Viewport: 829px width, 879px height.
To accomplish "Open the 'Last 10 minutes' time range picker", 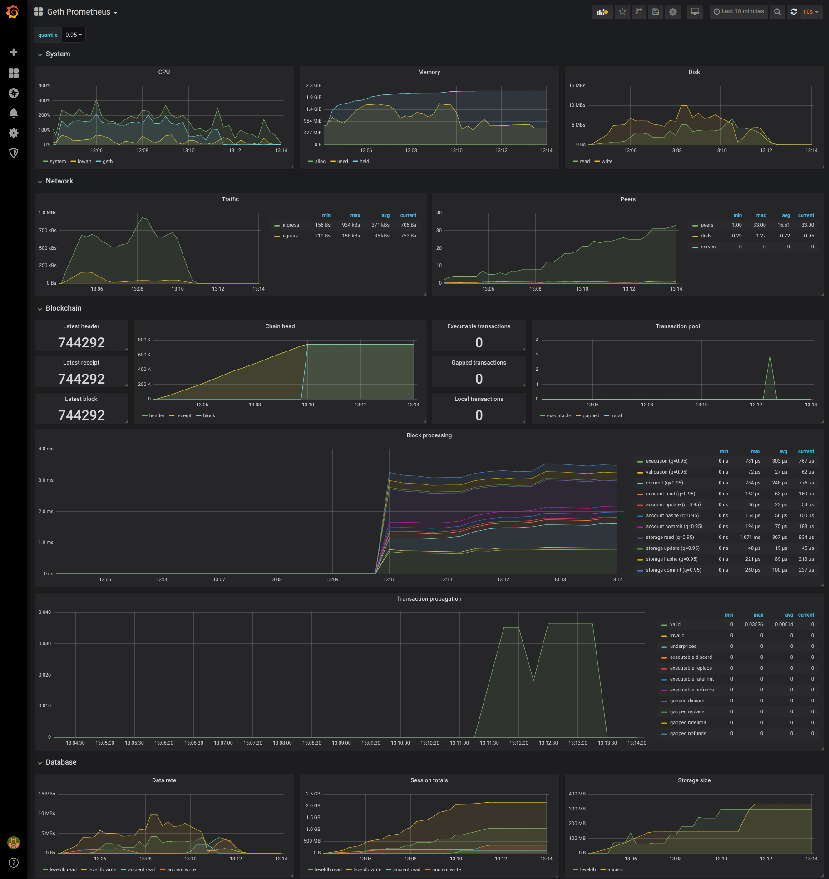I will click(x=739, y=12).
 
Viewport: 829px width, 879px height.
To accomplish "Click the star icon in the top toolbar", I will click(x=622, y=12).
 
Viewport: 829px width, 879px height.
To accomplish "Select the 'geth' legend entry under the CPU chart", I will click(x=107, y=162).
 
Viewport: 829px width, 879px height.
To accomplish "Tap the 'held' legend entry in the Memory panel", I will click(x=364, y=162).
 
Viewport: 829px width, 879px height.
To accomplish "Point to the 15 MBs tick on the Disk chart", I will click(x=577, y=86).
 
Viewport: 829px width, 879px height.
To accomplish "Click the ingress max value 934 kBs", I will click(x=351, y=225).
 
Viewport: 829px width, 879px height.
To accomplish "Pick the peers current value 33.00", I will click(x=807, y=225).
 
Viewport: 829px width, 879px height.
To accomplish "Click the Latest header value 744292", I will click(x=81, y=342).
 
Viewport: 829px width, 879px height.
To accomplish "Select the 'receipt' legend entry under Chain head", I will click(x=183, y=416).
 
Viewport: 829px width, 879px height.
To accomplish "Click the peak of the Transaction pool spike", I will click(x=770, y=355).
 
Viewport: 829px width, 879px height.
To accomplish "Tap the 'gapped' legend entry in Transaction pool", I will click(x=591, y=416).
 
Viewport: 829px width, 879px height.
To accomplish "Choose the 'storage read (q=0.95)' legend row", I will click(x=670, y=538).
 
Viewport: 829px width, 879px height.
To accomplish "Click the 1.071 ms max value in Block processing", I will click(x=750, y=538).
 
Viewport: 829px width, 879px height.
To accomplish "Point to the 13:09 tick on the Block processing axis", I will click(x=332, y=580).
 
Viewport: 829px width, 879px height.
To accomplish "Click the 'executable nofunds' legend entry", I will click(x=691, y=690).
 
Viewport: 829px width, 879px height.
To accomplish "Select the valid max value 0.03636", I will click(x=754, y=625).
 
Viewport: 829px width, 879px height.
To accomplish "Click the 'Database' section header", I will click(x=61, y=762).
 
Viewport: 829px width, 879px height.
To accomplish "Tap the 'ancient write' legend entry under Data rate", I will click(x=181, y=870).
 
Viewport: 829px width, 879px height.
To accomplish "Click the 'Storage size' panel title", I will click(x=694, y=780).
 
